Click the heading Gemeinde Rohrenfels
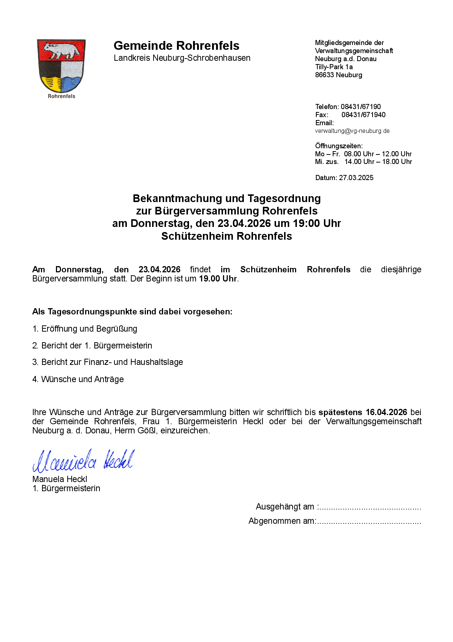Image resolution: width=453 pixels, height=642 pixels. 176,46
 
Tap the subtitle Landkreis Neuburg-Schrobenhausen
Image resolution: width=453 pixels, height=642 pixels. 182,58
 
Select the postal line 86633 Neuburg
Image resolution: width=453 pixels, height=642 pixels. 339,75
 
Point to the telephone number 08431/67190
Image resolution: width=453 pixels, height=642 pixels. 360,107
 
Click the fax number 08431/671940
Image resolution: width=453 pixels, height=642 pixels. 363,115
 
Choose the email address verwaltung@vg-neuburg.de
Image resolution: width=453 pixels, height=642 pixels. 352,131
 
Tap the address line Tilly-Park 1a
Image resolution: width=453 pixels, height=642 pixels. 334,67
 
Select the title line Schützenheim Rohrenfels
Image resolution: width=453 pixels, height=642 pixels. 226,236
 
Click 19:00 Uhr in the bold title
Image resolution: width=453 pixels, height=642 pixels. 317,223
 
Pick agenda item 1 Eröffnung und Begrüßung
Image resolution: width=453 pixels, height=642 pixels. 85,329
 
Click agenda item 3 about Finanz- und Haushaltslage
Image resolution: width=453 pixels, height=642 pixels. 108,362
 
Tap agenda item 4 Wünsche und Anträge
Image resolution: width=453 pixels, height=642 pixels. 78,379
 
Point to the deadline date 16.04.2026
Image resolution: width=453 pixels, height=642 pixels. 386,413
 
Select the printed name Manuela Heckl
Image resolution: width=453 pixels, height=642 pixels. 60,479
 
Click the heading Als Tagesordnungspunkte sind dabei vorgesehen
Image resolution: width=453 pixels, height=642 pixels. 132,312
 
